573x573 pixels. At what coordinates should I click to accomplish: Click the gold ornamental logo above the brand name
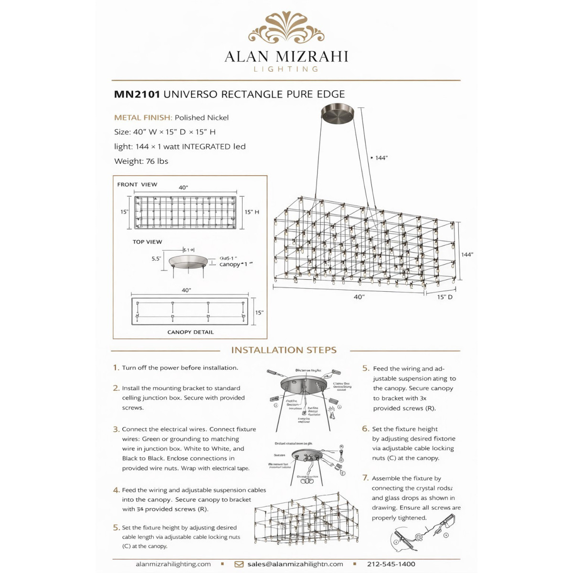(286, 28)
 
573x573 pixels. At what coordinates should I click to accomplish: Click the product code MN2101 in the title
(137, 95)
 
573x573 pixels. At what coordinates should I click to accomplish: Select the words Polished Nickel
(202, 118)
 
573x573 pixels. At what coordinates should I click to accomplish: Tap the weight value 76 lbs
(157, 161)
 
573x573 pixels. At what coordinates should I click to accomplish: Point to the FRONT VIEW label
(137, 185)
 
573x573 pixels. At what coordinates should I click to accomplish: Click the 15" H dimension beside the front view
(252, 212)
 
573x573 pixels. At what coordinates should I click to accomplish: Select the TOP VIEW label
(147, 242)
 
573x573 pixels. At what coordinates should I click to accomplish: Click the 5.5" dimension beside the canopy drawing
(156, 259)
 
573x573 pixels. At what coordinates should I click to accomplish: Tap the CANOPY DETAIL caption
(191, 332)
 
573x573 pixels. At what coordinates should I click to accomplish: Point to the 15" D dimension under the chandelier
(445, 297)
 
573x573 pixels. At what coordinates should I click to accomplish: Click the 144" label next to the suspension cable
(381, 158)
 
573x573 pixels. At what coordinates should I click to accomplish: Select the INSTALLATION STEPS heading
(284, 350)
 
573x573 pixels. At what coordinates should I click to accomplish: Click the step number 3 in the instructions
(116, 429)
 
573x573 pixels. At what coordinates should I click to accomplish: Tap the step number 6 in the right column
(365, 429)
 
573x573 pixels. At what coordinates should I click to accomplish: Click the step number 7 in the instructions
(365, 478)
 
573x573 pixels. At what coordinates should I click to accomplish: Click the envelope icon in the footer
(239, 564)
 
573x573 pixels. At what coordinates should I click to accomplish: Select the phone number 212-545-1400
(391, 564)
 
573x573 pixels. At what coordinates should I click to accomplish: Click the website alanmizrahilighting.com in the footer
(173, 564)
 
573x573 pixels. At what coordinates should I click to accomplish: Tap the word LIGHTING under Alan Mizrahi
(286, 69)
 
